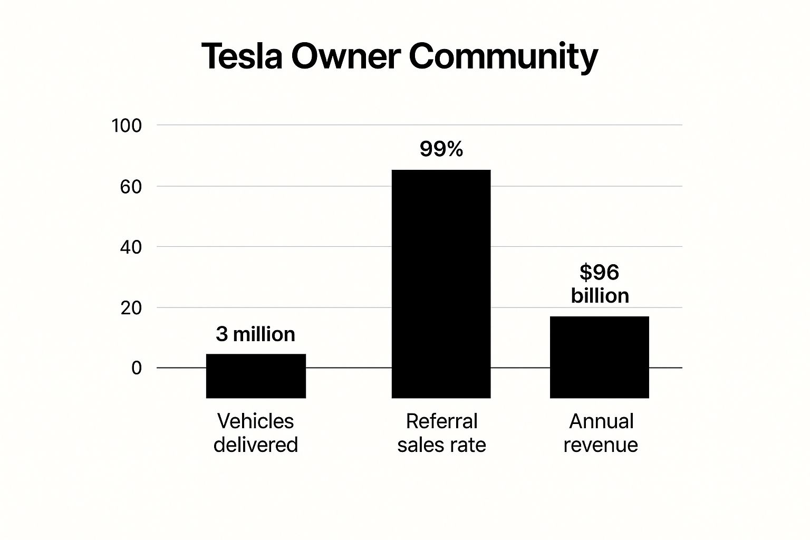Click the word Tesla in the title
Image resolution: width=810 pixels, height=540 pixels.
242,56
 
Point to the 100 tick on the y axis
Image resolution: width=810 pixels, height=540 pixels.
127,126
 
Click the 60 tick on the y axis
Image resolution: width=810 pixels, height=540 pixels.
131,187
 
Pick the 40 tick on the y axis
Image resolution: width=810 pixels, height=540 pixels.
131,247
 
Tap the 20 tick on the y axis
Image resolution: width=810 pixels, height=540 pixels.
131,308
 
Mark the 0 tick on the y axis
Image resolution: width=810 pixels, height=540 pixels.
137,368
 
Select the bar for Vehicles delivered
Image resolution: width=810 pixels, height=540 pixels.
256,375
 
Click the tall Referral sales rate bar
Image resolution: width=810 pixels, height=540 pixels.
441,284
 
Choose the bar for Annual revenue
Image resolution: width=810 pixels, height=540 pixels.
599,357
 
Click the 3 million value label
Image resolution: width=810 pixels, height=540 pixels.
255,334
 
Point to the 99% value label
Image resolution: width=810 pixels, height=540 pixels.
441,149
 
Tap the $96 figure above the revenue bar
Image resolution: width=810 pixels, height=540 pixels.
599,272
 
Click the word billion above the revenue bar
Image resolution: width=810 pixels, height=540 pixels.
600,295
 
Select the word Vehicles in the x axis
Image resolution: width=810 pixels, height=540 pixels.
255,421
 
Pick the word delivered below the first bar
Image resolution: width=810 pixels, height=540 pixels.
255,445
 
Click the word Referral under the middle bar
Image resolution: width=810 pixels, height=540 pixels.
441,421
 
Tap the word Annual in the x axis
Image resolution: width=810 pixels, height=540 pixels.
601,421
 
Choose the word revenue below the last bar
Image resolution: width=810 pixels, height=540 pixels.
600,445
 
